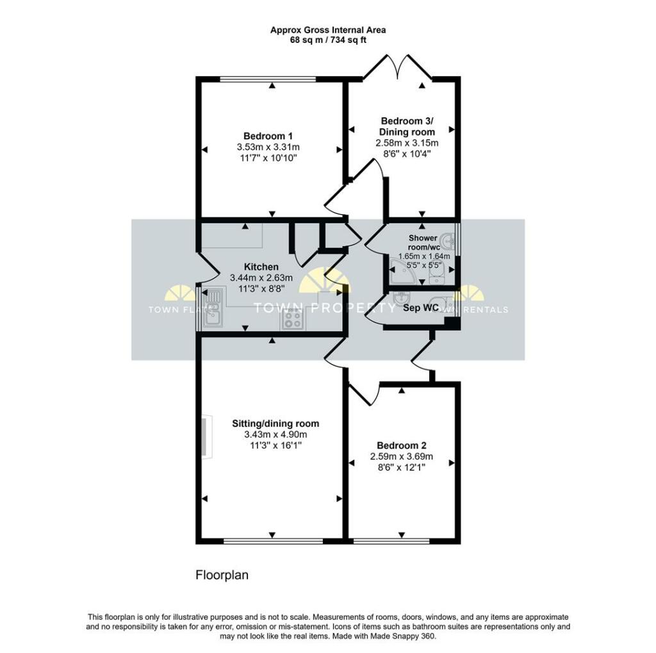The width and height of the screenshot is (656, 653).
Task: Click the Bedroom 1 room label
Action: (268, 136)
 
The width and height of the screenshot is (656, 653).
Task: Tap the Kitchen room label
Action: (261, 267)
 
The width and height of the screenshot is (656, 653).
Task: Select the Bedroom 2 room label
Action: (401, 445)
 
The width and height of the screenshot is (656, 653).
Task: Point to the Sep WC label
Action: (421, 308)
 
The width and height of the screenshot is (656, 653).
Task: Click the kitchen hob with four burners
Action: (293, 319)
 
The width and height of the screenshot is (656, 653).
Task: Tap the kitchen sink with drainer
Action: (214, 307)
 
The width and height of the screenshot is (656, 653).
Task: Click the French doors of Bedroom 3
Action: (397, 68)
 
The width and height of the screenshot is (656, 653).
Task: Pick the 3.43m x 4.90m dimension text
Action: (275, 434)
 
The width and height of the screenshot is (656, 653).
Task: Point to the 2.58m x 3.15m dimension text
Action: (407, 143)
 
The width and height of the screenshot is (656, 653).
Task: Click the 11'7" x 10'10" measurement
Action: (268, 158)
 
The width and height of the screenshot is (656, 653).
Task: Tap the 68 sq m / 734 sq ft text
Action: (328, 40)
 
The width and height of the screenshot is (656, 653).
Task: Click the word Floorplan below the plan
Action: (222, 575)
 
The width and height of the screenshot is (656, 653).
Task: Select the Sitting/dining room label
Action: (275, 424)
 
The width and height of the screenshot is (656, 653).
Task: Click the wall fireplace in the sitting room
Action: (206, 435)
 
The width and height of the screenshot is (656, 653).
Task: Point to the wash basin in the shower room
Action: (448, 242)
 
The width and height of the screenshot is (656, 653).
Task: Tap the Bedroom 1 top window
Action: (268, 78)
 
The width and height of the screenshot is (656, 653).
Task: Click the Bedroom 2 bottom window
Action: (391, 541)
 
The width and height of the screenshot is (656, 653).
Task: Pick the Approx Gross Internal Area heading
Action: (328, 30)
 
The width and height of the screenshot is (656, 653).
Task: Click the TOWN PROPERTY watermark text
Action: (324, 308)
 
